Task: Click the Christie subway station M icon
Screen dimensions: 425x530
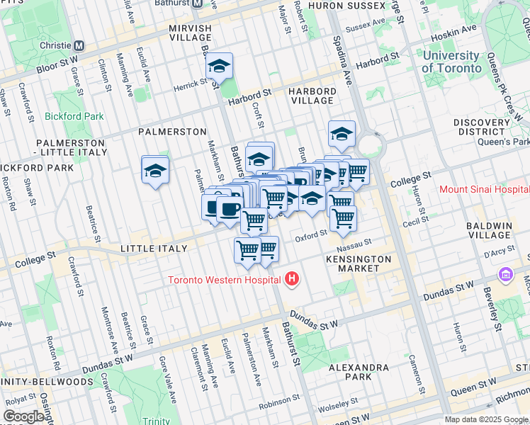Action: point(79,45)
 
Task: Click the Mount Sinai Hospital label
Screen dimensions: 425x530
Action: point(484,189)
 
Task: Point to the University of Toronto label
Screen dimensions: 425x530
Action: point(450,62)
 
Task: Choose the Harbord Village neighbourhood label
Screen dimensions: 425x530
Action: point(311,96)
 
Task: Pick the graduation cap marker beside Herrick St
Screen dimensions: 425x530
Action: point(220,67)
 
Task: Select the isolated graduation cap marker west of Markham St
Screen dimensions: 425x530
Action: point(155,170)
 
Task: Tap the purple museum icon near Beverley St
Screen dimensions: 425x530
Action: point(506,274)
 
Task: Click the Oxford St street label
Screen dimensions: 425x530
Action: point(311,233)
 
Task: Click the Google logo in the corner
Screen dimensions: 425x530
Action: point(23,416)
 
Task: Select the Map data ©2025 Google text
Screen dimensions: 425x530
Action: point(485,419)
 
